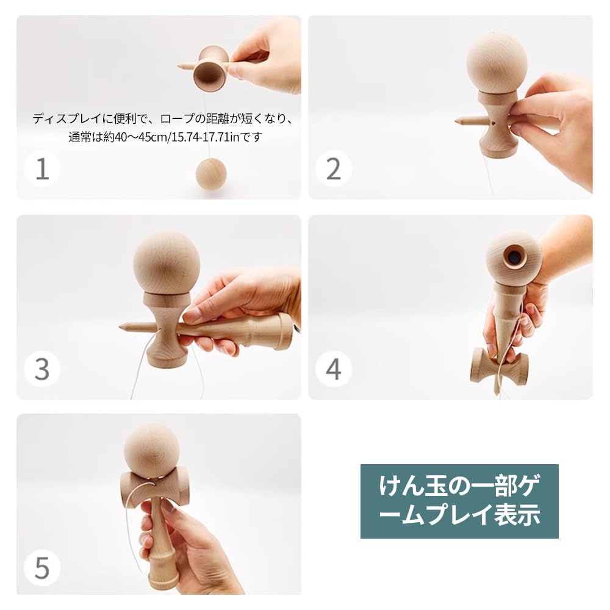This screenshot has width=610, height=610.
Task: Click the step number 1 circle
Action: click(42, 168)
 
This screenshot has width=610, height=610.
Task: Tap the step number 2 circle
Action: click(333, 168)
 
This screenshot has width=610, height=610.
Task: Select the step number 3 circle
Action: click(42, 368)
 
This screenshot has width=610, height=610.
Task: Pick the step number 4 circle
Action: click(333, 368)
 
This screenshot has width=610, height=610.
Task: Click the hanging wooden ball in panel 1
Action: click(211, 174)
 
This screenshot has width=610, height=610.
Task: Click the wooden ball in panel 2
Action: click(497, 63)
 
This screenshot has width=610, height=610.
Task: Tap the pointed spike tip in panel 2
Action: click(458, 121)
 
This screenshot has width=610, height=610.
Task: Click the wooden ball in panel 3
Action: click(167, 263)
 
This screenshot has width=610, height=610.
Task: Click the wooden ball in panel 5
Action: click(152, 450)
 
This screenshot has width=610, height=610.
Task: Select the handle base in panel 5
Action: click(163, 579)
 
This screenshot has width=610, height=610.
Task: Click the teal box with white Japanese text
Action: click(459, 501)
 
